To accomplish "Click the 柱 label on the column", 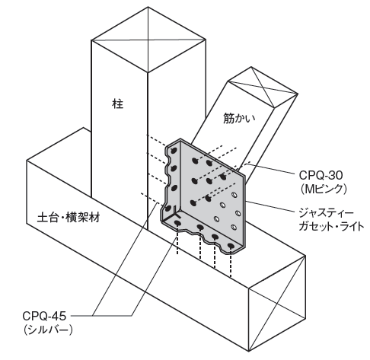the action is click(x=117, y=104).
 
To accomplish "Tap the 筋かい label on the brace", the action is click(x=239, y=118).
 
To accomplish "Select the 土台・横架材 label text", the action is click(x=69, y=218).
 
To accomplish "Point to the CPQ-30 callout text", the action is click(x=321, y=175).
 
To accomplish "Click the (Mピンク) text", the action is click(x=323, y=189).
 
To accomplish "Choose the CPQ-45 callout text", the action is click(x=44, y=316).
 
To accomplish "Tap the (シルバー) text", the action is click(x=48, y=330).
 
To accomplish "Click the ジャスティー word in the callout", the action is click(x=326, y=212).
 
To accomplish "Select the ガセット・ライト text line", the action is click(x=331, y=226).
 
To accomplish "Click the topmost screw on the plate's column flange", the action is click(x=174, y=151).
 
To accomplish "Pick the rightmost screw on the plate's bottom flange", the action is click(x=231, y=246).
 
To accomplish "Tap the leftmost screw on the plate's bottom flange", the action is click(x=177, y=223).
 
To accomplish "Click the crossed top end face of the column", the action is click(x=148, y=40).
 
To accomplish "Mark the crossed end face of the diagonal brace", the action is click(x=263, y=88).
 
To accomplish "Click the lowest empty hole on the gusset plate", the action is click(x=234, y=227).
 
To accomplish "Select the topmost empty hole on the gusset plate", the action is click(x=234, y=195).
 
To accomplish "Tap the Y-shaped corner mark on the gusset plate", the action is click(x=177, y=212).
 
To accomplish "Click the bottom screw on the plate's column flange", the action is click(x=168, y=209).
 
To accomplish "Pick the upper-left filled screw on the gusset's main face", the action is click(x=195, y=161).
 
